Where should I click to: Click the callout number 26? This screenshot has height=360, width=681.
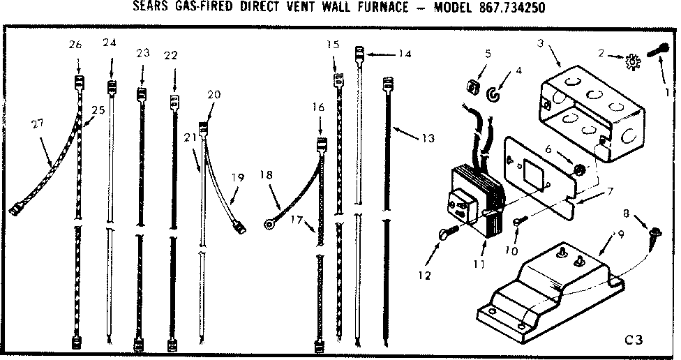pos(75,45)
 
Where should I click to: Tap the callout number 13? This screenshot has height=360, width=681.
pos(427,138)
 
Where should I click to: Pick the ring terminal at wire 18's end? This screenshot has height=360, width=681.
pos(269,225)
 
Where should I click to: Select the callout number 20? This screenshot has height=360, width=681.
pos(214,94)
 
